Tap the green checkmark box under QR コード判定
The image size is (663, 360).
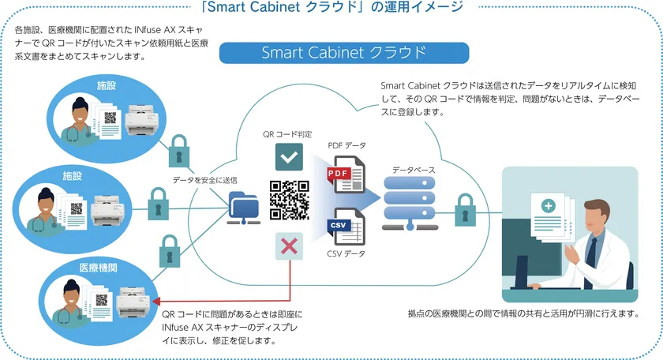coord(289,157)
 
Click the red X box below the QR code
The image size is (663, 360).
coord(289,246)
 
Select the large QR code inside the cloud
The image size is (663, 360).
coord(290,201)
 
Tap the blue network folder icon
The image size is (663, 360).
coord(242,207)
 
